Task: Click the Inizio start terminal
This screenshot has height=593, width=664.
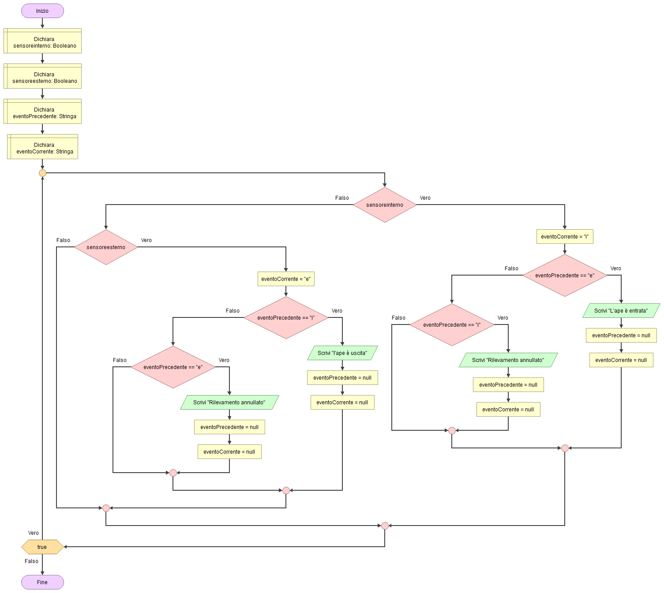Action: (42, 11)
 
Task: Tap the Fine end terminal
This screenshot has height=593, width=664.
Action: (42, 582)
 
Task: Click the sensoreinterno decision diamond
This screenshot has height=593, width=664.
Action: (385, 205)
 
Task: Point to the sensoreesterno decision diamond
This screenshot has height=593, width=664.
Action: (106, 247)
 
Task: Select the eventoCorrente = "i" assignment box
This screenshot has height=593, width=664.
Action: (565, 237)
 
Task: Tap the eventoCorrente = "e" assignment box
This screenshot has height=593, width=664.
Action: (286, 279)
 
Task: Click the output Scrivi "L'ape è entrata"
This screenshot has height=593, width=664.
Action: (621, 311)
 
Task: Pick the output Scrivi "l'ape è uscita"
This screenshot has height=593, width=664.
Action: (342, 353)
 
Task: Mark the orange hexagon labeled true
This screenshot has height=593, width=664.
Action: (42, 547)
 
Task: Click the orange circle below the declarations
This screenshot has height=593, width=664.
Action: (42, 173)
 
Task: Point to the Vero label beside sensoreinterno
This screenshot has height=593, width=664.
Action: (425, 198)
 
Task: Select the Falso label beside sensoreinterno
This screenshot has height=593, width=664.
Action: (342, 198)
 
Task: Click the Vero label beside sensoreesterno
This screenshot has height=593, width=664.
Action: (146, 240)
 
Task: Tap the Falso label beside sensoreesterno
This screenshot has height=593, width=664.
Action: (63, 240)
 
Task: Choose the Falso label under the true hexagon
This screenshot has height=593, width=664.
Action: (31, 561)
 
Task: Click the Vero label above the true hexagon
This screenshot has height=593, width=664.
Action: (34, 533)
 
